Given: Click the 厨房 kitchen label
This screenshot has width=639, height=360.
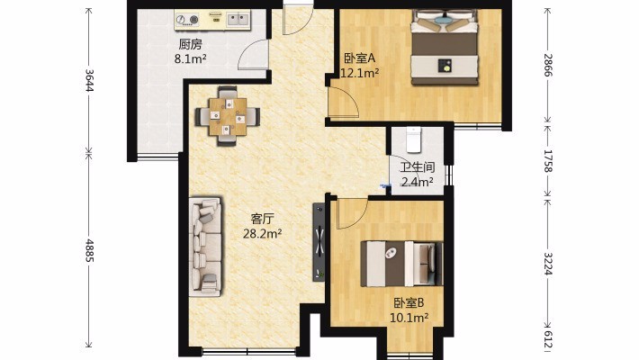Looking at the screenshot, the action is pyautogui.click(x=190, y=44).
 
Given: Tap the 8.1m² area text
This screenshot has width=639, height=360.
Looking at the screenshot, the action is pyautogui.click(x=190, y=59).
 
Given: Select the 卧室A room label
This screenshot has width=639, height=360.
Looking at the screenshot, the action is pyautogui.click(x=359, y=58).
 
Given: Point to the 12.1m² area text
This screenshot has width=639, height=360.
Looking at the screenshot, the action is pyautogui.click(x=360, y=74).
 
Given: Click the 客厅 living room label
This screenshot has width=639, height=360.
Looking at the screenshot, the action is pyautogui.click(x=263, y=220).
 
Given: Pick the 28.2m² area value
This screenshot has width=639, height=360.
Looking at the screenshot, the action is pyautogui.click(x=263, y=234).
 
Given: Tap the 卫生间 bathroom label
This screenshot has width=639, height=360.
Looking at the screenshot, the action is pyautogui.click(x=417, y=167).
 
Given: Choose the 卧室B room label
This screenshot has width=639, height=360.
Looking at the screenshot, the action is pyautogui.click(x=409, y=303).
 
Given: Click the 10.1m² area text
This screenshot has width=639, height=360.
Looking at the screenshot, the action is pyautogui.click(x=409, y=317).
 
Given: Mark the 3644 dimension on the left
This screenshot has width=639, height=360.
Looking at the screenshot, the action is pyautogui.click(x=89, y=80).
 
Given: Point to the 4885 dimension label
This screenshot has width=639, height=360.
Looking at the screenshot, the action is pyautogui.click(x=89, y=251).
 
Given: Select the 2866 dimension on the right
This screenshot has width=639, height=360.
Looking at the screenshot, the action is pyautogui.click(x=548, y=65).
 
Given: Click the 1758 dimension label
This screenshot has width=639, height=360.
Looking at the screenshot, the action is pyautogui.click(x=548, y=161).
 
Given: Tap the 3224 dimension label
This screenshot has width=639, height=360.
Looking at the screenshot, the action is pyautogui.click(x=548, y=264).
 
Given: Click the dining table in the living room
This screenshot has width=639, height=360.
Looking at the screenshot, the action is pyautogui.click(x=228, y=116).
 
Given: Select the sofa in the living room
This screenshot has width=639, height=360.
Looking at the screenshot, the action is pyautogui.click(x=205, y=247).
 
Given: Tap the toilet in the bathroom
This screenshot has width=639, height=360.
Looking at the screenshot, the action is pyautogui.click(x=413, y=139).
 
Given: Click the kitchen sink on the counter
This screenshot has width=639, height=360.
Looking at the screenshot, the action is pyautogui.click(x=238, y=19).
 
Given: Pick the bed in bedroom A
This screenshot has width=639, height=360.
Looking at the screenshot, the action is pyautogui.click(x=445, y=47).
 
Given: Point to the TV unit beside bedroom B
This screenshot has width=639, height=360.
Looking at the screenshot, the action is pyautogui.click(x=319, y=242).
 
